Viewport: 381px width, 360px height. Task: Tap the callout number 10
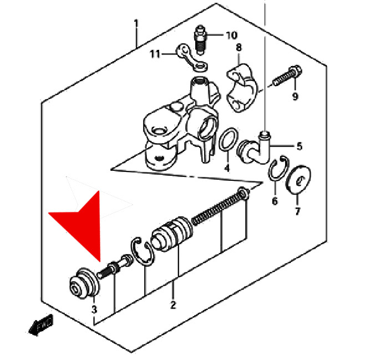[232, 36]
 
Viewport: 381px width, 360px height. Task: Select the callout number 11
[155, 54]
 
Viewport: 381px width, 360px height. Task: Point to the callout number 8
[239, 47]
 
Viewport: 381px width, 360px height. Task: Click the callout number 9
[295, 97]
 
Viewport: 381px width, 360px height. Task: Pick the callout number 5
[299, 146]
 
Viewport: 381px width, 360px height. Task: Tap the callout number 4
[227, 168]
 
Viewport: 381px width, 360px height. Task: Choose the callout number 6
[275, 201]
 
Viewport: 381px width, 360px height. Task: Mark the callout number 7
[298, 211]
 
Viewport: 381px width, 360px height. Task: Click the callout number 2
[173, 305]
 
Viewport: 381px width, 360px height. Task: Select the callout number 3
[94, 310]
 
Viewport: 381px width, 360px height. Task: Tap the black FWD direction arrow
[41, 325]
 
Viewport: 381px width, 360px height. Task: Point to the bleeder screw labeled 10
[200, 40]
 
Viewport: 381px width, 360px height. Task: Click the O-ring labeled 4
[228, 139]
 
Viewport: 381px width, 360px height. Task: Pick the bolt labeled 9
[287, 75]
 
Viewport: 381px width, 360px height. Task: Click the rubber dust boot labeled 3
[84, 283]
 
